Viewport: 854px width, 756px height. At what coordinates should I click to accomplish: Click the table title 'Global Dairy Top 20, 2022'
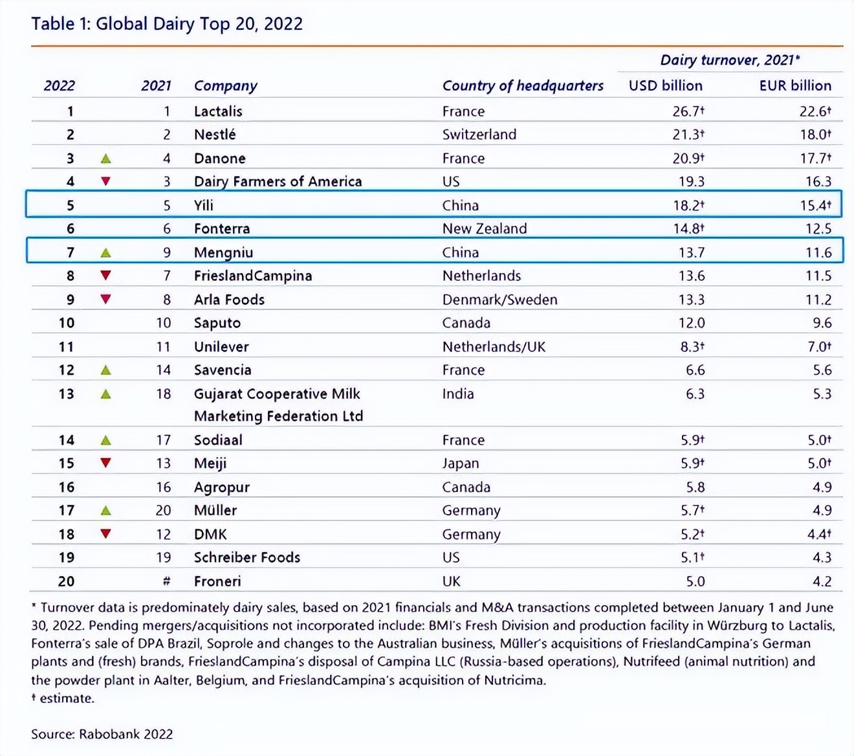pos(167,24)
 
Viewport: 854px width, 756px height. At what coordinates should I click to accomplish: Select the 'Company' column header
pos(225,85)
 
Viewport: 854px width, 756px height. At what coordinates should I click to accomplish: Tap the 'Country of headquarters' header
pos(522,85)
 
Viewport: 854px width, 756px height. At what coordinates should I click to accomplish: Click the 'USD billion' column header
pos(665,85)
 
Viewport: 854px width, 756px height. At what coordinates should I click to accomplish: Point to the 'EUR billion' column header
pos(794,85)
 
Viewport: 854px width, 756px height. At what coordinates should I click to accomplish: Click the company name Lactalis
pos(218,111)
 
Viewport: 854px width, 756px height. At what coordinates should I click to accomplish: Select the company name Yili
pos(203,205)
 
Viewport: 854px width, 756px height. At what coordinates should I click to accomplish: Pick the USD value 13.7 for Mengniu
pos(691,252)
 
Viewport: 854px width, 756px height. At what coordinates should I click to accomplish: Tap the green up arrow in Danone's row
pos(105,159)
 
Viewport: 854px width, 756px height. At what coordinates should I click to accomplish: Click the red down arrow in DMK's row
pos(105,534)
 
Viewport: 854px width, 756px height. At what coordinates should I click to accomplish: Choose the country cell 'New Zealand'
pos(484,228)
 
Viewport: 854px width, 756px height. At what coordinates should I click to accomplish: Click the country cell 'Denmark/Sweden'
pos(499,300)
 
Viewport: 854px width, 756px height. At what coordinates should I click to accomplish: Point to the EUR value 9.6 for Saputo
pos(822,323)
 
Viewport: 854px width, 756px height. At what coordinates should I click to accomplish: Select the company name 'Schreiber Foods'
pos(246,557)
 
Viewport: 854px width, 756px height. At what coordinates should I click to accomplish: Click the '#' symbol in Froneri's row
pos(166,581)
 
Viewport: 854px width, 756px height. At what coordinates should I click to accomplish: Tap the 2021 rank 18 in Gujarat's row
pos(163,394)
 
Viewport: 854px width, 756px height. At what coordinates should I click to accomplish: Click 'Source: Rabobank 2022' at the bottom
pos(102,734)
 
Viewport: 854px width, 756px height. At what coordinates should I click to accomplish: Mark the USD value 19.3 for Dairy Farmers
pos(691,182)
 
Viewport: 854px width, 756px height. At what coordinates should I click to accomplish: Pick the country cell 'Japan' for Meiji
pos(460,463)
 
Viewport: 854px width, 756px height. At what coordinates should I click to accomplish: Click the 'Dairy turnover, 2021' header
pos(729,60)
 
